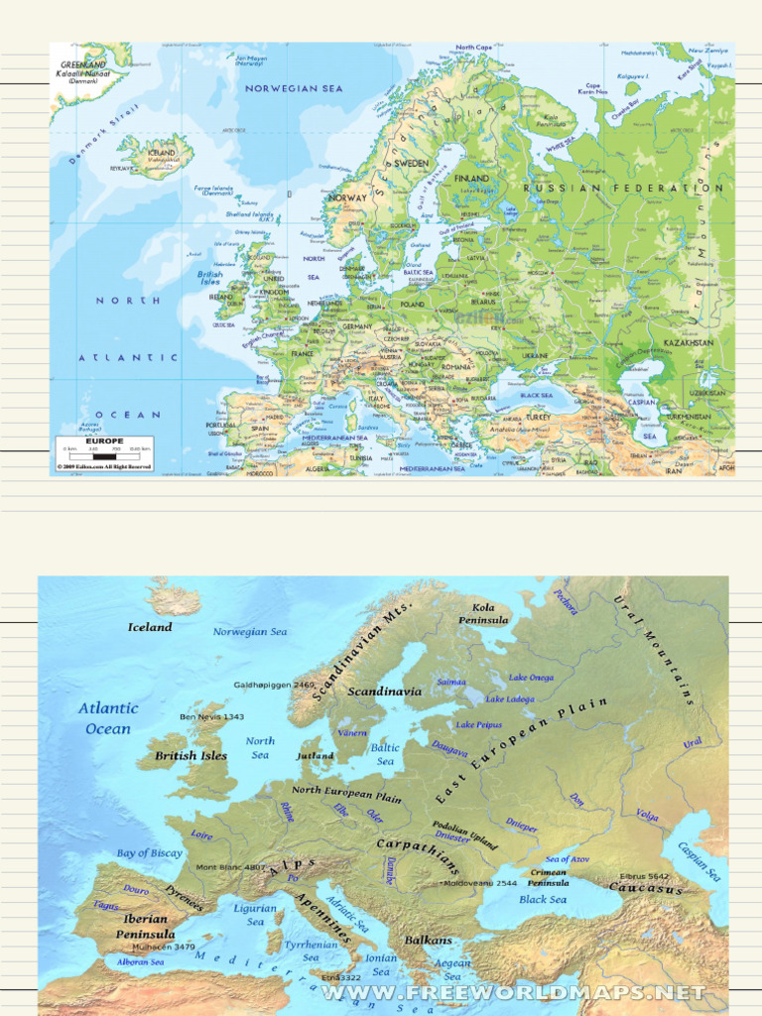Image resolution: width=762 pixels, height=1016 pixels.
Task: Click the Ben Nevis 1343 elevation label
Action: click(211, 716)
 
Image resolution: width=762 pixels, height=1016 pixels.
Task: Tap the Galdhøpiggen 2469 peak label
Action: click(274, 685)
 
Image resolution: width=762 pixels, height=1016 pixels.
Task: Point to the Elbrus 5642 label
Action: click(644, 876)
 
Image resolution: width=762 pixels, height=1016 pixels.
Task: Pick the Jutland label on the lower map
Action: click(315, 756)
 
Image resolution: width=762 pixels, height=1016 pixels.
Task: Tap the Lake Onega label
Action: click(532, 678)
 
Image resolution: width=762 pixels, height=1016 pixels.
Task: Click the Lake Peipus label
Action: click(480, 725)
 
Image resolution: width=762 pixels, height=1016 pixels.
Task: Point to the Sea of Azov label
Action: click(568, 859)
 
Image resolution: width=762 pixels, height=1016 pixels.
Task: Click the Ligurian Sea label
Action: click(255, 915)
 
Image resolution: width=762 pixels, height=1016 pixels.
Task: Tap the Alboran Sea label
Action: click(141, 961)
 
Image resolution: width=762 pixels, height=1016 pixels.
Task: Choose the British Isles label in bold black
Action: click(190, 756)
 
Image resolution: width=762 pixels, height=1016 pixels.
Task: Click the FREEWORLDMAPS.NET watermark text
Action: click(513, 992)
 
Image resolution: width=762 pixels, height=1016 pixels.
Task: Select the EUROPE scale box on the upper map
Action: click(104, 451)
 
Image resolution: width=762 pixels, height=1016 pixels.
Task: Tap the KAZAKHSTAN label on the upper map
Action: click(689, 343)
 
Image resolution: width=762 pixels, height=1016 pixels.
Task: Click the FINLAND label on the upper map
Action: click(471, 179)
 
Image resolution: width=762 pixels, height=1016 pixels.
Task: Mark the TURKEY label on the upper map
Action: click(539, 418)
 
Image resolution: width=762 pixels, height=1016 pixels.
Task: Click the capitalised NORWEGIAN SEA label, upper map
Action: click(294, 89)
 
